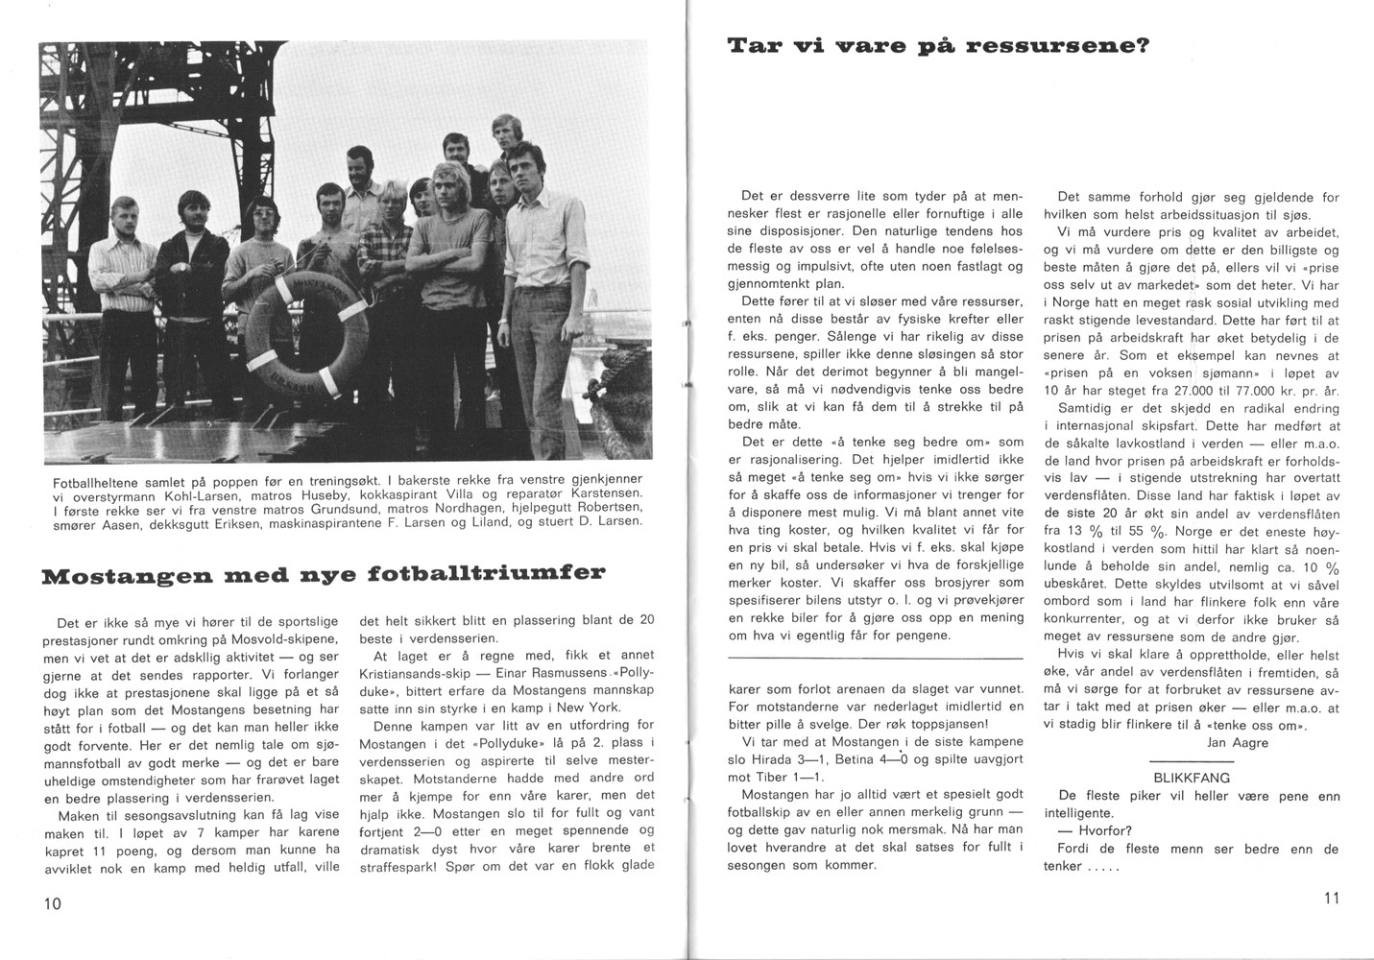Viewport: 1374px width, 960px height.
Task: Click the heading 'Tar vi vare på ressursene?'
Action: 938,46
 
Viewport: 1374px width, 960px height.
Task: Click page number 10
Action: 52,903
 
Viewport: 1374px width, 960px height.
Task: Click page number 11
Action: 1329,899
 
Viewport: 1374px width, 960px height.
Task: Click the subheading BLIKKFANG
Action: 1191,778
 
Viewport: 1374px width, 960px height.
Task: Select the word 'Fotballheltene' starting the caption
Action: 96,480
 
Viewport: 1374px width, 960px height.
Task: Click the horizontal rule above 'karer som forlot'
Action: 876,659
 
